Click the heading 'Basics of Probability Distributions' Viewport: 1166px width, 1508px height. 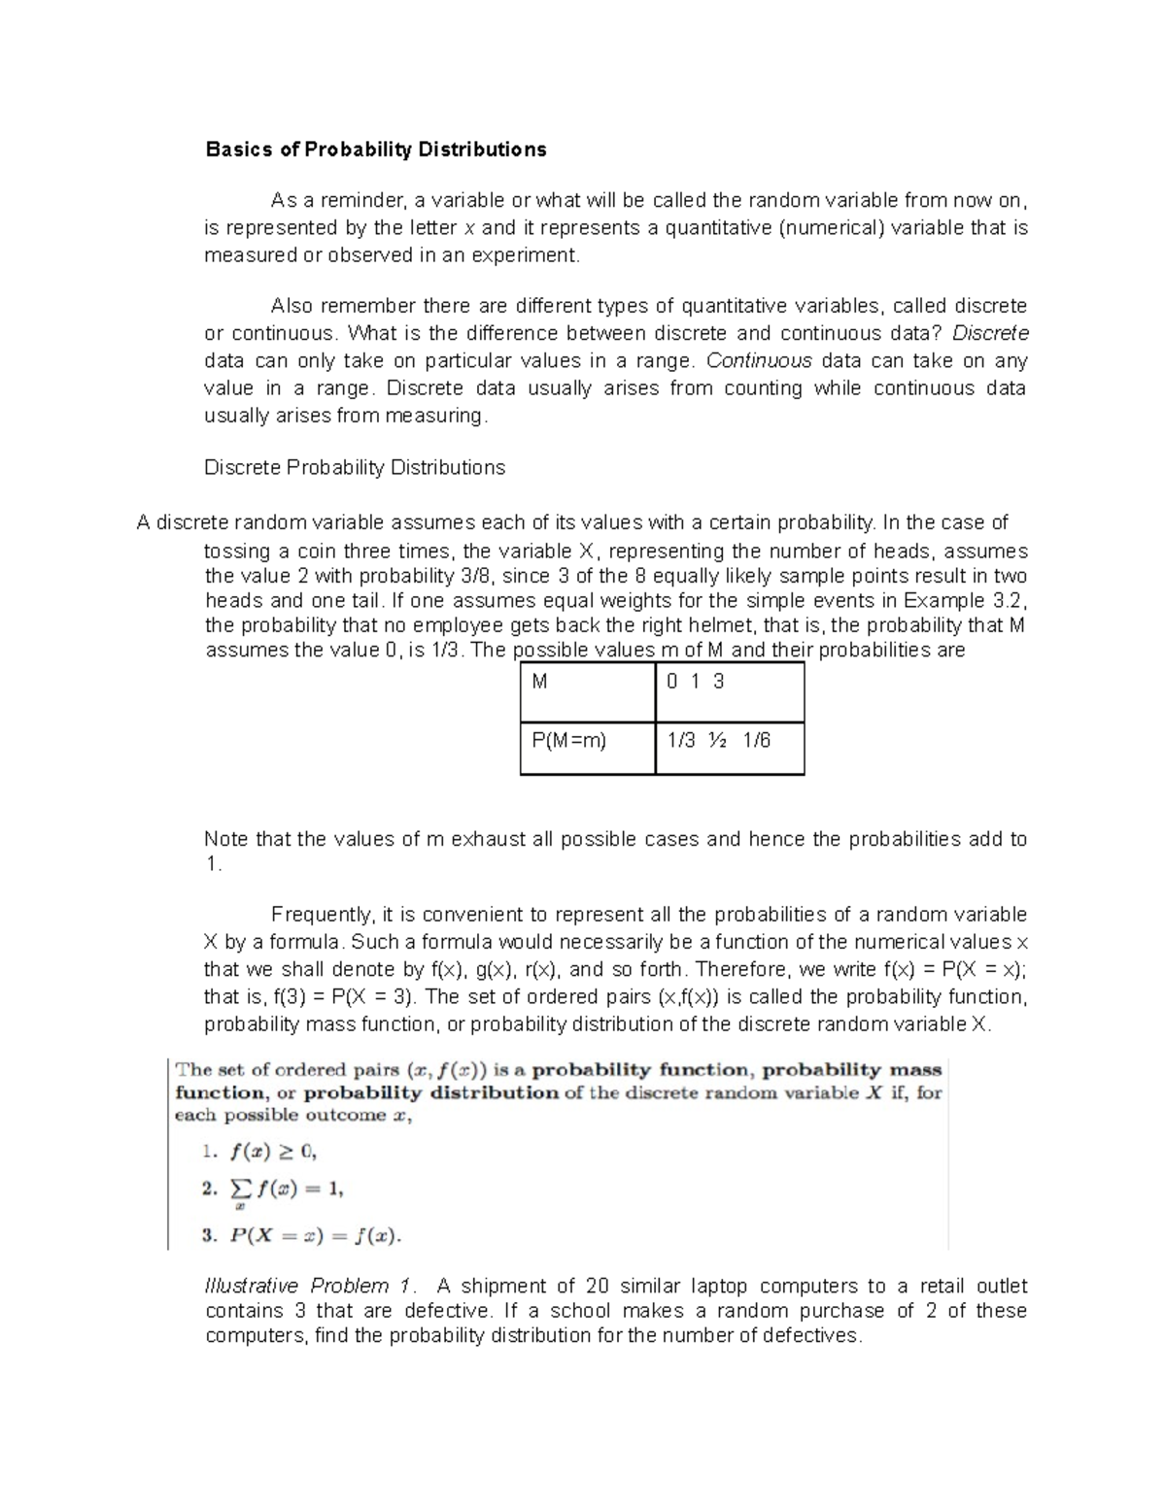tap(375, 150)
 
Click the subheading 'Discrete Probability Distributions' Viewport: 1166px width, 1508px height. tap(355, 468)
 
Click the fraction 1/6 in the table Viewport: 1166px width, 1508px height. tap(757, 741)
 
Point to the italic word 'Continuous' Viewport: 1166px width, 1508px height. tap(759, 361)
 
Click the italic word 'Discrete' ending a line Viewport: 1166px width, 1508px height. tap(990, 333)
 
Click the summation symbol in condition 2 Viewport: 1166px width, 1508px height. tap(238, 1189)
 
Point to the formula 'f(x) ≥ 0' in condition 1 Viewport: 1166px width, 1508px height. tap(273, 1153)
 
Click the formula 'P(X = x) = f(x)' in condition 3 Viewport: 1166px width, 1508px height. tap(314, 1237)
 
